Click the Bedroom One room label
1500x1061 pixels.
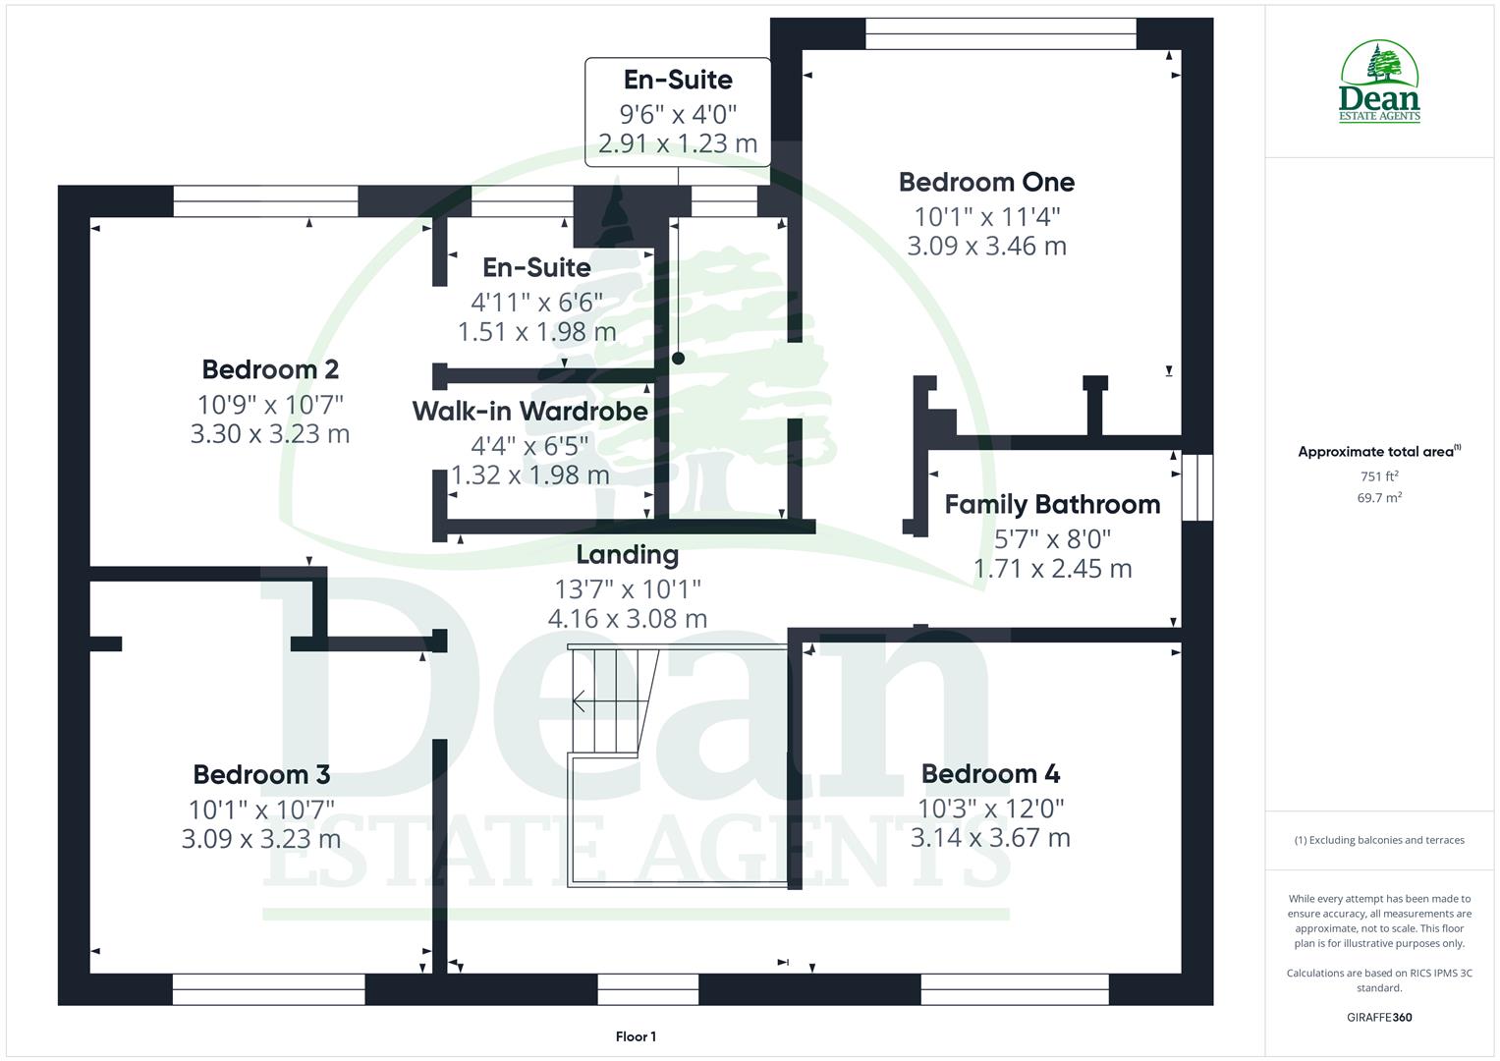[986, 182]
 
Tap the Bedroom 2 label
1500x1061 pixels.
[270, 369]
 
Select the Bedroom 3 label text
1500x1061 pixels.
[261, 774]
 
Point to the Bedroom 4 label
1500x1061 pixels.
[990, 774]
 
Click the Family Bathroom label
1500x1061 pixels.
[1052, 504]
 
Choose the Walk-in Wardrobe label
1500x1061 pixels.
[529, 411]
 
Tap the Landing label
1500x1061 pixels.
[627, 554]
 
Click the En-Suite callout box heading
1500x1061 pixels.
[678, 80]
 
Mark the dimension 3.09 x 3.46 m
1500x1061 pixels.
[986, 246]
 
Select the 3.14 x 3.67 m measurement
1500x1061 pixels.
[990, 838]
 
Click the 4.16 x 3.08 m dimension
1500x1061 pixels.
[627, 619]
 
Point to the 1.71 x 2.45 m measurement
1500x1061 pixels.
[1052, 569]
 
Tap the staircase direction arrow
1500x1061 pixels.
[580, 700]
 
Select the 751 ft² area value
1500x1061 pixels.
[1379, 476]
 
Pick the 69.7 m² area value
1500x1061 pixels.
[1379, 498]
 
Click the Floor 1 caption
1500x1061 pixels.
[636, 1036]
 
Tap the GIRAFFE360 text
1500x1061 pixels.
[1379, 1018]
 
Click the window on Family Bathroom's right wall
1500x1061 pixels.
[1197, 486]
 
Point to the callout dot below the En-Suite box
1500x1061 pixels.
[678, 359]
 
